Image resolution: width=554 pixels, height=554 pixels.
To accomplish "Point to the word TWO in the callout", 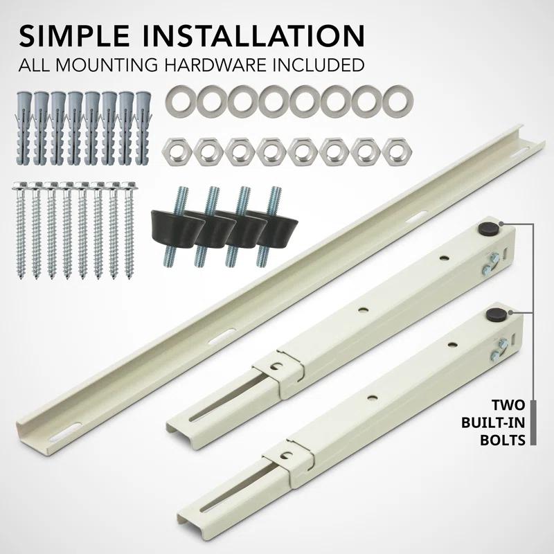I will tap(507, 404).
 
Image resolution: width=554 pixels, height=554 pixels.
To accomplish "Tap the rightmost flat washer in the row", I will tap(395, 102).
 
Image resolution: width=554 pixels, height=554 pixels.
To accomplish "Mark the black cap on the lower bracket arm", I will tap(494, 314).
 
